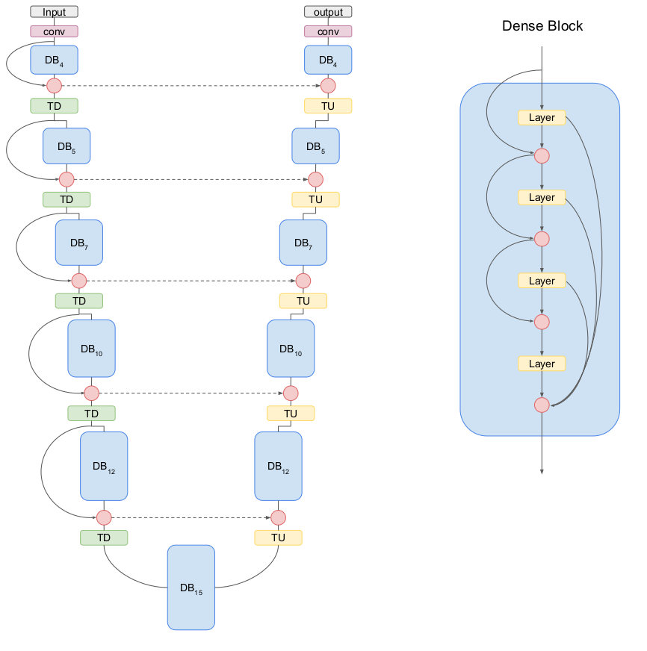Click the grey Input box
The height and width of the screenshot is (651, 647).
tap(54, 12)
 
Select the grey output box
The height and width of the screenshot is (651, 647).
tap(328, 12)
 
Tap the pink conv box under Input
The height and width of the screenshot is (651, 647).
tap(54, 31)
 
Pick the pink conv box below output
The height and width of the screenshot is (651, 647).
tap(328, 31)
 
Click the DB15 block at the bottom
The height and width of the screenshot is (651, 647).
tap(191, 588)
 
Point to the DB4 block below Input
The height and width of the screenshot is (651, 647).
tap(54, 60)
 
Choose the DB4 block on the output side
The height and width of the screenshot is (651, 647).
tap(328, 60)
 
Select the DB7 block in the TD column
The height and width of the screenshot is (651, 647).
tap(78, 243)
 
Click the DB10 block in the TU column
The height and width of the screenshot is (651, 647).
tap(291, 349)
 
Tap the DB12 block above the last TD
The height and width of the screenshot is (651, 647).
tap(104, 466)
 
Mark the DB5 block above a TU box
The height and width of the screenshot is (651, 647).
tap(315, 147)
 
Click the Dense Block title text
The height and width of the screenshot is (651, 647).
tap(542, 26)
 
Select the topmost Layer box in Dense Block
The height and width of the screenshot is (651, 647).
tap(542, 117)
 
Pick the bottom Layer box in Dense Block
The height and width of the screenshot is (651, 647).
tap(542, 364)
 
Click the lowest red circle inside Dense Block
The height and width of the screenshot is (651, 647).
tap(542, 405)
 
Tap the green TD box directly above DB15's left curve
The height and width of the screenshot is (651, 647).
tap(104, 537)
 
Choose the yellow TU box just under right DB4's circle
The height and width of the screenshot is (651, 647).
tap(328, 106)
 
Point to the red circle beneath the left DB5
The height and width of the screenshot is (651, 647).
tap(66, 179)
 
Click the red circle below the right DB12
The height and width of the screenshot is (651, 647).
tap(278, 517)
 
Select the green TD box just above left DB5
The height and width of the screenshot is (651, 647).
tap(54, 106)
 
